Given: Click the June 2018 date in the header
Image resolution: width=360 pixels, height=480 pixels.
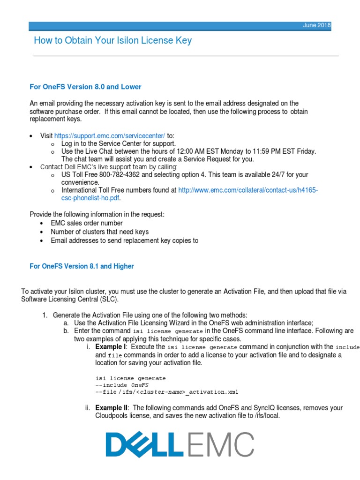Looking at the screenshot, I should point(316,25).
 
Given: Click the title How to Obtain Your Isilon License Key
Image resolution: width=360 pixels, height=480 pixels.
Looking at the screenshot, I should point(112,41).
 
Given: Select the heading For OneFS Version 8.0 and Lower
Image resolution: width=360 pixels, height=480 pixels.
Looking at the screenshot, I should point(85,87).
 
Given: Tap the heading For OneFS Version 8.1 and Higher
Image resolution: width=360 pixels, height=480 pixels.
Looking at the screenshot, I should point(82,266).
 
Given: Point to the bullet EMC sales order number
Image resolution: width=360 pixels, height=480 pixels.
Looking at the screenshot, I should point(87,223).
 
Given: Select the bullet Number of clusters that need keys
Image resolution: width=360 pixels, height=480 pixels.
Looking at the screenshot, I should point(99,232).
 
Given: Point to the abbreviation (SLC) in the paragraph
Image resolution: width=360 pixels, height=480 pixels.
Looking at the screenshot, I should point(111,299).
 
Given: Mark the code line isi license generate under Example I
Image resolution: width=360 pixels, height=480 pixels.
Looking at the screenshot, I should point(130,378).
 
